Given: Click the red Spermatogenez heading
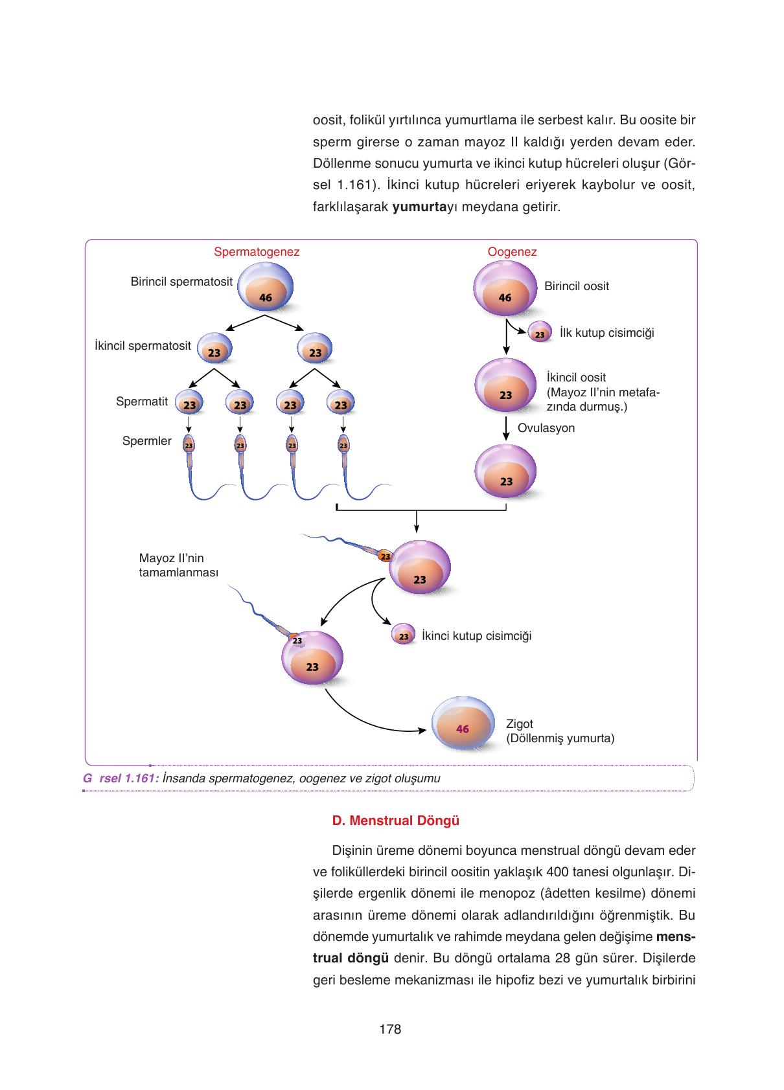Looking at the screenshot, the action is pos(257,251).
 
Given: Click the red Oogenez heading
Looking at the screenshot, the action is pos(512,251).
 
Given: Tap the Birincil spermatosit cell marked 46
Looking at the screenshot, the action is pos(266,287).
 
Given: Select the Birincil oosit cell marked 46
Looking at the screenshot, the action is pos(505,288).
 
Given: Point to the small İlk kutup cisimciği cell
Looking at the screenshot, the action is pos(540,332).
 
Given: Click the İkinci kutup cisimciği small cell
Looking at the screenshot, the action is pos(404,633).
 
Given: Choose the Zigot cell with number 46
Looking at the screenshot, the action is pos(463,723).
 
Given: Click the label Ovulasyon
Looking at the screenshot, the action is pos(546,427).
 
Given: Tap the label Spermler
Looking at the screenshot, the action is pos(146,441).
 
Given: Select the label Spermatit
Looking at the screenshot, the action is pos(142,402).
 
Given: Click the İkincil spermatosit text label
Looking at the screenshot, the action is pos(143,345).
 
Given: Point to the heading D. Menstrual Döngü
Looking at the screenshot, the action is pos(395,821).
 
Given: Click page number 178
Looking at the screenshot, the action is pos(390,1029).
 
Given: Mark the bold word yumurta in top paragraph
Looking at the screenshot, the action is pos(419,207).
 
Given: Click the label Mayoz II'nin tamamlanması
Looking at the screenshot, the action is pos(179,565).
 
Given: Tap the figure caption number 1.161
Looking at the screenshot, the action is pos(140,778).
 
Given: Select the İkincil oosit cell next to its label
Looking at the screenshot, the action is pos(505,385).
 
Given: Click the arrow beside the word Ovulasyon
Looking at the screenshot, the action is pos(506,428).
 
